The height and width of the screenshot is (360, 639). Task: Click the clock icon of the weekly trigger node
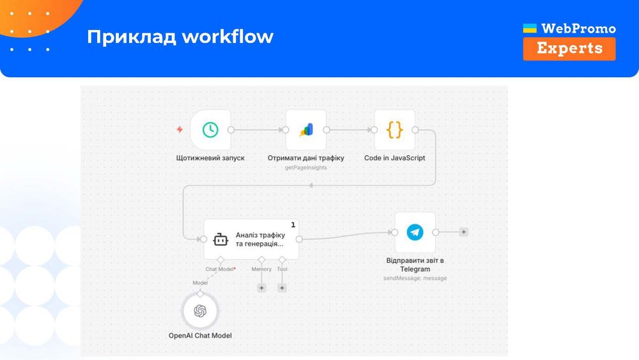(x=210, y=130)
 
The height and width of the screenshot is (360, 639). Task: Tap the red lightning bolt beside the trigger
(x=180, y=130)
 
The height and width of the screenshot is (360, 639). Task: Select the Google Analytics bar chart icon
(x=306, y=130)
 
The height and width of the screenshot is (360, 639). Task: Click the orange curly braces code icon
(x=394, y=130)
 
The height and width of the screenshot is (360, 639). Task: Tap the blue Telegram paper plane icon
(x=415, y=232)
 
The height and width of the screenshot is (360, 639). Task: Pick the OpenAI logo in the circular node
(x=200, y=311)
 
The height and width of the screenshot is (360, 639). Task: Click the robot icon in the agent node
(x=220, y=239)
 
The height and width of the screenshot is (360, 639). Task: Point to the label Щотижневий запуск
(x=210, y=157)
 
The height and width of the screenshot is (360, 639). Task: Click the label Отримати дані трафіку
(x=306, y=157)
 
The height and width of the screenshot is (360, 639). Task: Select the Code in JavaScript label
(x=394, y=157)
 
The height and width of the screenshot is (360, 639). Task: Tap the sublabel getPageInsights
(x=306, y=168)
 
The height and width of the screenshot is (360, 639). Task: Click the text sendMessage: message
(x=415, y=278)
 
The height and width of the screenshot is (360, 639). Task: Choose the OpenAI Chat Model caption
(x=200, y=335)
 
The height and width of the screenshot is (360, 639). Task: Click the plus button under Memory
(x=261, y=288)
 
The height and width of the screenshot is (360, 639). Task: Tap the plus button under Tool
(x=282, y=288)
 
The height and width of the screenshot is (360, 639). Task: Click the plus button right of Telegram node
(x=464, y=232)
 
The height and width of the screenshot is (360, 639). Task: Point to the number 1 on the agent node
(x=293, y=224)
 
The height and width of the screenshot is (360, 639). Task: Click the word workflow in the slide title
(x=227, y=36)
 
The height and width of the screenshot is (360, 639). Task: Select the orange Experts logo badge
(x=569, y=49)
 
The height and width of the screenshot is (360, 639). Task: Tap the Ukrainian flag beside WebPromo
(x=530, y=29)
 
